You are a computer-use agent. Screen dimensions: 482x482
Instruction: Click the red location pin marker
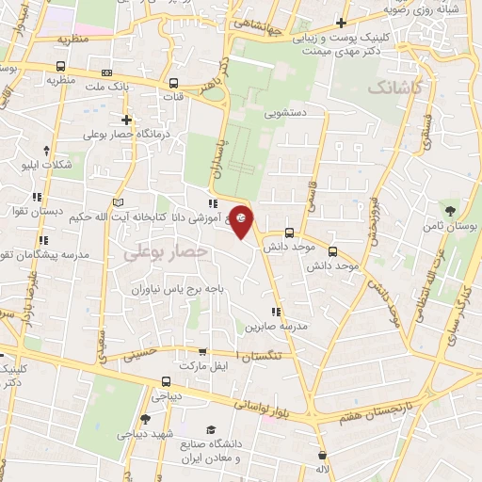(x=242, y=220)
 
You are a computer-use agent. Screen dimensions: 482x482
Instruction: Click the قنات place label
(x=171, y=95)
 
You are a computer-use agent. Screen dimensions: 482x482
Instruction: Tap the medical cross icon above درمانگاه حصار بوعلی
(x=126, y=120)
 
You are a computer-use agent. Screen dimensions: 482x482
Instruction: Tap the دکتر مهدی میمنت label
(x=332, y=53)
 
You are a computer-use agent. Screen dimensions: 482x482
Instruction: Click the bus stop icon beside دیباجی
(x=166, y=381)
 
